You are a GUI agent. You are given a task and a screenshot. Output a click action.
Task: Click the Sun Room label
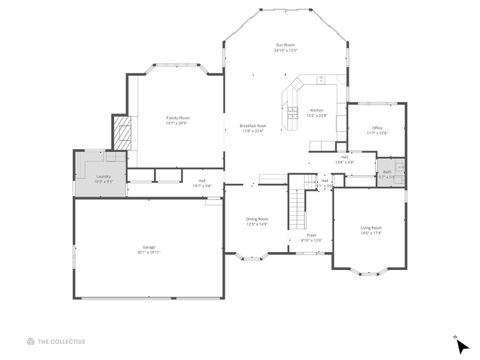[x=286, y=45]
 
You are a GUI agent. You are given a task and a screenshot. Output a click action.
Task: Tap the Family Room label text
[x=178, y=117]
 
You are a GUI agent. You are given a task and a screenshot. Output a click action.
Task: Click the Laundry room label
[x=103, y=176]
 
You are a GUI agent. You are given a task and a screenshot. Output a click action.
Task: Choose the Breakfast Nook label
[x=251, y=125]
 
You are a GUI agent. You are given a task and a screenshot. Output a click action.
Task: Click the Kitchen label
[x=316, y=110]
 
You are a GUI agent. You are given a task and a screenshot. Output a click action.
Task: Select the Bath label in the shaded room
[x=387, y=171]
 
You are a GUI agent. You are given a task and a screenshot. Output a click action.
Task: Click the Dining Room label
[x=257, y=218]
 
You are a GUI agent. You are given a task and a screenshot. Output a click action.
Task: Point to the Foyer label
[x=311, y=235]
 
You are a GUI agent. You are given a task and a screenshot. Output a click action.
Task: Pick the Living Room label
[x=371, y=227]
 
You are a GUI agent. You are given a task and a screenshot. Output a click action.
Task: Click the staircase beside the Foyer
[x=296, y=206]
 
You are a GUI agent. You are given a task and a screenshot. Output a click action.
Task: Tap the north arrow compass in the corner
[x=460, y=345]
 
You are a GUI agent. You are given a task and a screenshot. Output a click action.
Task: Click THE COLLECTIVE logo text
[x=62, y=341]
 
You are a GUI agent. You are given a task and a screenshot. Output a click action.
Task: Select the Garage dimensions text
[x=148, y=252]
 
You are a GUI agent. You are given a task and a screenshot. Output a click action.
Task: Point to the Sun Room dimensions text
[x=286, y=51]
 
